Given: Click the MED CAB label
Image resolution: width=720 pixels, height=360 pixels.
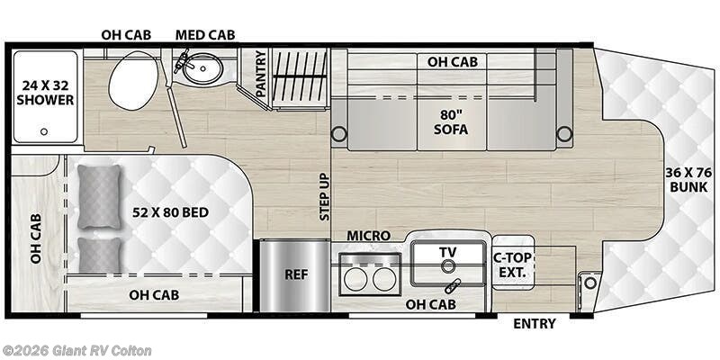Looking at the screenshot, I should (204, 35).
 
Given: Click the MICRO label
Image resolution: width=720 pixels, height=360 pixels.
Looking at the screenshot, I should (369, 236).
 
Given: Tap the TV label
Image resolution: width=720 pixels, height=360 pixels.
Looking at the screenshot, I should (448, 251).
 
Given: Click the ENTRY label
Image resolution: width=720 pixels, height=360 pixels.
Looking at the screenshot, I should (535, 324).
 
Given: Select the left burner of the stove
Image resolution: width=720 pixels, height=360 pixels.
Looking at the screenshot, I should (355, 279).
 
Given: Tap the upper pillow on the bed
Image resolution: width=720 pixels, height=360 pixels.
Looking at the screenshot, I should (98, 197).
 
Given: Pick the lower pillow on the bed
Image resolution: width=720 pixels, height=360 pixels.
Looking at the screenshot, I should (98, 256).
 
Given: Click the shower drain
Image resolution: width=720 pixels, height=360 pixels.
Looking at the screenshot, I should (42, 131).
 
